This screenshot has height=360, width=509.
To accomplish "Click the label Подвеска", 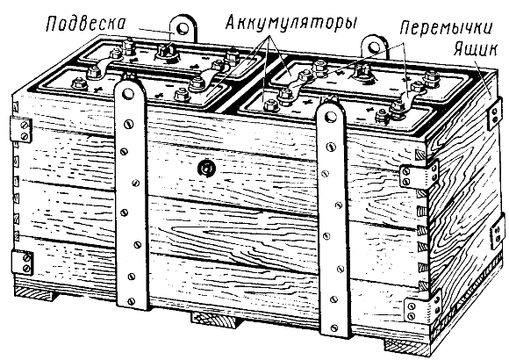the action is (86, 24).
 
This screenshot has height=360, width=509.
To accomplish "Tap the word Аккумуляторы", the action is (290, 23).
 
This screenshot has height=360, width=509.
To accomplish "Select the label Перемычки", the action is (446, 29).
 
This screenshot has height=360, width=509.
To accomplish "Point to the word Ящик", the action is (475, 49).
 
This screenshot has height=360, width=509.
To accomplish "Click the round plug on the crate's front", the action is (206, 168).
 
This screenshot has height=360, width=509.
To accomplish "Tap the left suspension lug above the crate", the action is (183, 29).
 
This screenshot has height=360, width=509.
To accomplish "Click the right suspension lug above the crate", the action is (375, 47).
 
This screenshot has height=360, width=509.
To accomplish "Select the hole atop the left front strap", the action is (127, 94).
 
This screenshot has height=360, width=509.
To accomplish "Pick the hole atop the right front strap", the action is (331, 116).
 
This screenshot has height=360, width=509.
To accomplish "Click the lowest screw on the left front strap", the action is (131, 301).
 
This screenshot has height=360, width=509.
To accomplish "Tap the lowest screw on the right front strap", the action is (334, 328).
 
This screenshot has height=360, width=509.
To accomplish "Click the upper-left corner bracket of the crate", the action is (21, 130).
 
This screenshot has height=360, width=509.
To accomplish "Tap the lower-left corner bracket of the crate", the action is (22, 263).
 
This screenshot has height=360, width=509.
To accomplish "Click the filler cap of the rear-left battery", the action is (167, 53).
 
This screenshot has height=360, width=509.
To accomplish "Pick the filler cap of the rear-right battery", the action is (362, 73).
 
